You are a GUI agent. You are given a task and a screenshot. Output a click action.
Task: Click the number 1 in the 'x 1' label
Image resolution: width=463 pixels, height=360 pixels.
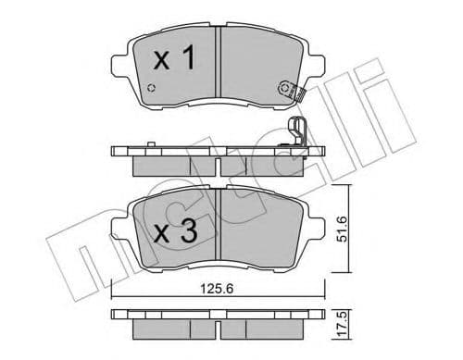point(187,61)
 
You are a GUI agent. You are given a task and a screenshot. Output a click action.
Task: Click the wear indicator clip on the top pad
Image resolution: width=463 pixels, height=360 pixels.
point(290,91)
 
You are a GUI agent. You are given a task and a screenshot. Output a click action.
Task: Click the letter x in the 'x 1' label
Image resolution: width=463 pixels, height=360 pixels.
point(160,63)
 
